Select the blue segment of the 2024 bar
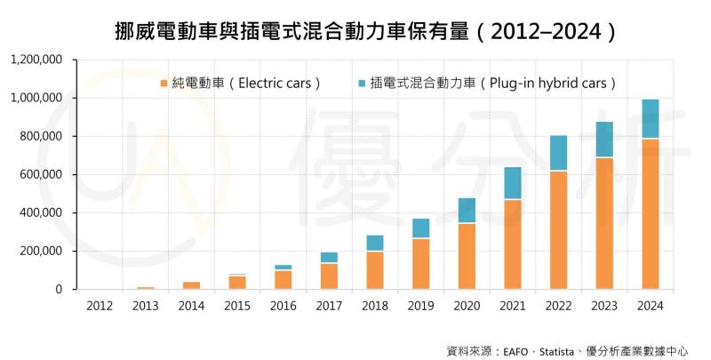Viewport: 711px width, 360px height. [651, 119]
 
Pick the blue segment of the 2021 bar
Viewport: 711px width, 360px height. [513, 183]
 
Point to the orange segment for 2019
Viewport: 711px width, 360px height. [420, 263]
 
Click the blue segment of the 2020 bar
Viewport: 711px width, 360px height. [467, 211]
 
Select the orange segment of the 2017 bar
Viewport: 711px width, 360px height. [329, 276]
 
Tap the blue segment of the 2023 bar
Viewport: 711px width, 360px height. [604, 140]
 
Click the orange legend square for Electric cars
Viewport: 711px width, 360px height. [164, 84]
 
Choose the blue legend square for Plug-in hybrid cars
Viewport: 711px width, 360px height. [362, 84]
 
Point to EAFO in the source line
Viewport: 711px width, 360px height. [523, 350]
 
